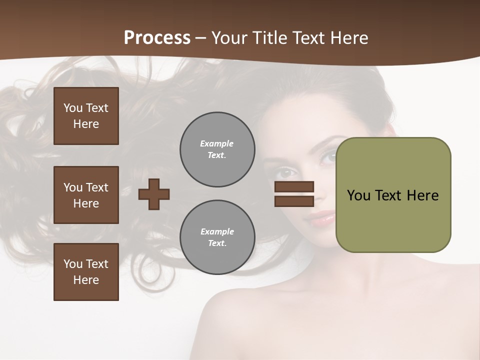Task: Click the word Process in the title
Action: tap(157, 37)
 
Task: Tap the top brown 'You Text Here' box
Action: tap(86, 116)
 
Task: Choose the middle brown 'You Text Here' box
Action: tap(86, 195)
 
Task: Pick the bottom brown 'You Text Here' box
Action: tap(86, 272)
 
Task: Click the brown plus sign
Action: tap(154, 194)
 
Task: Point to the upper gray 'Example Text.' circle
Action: tap(217, 149)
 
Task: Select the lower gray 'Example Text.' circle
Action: tap(217, 237)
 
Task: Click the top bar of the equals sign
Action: tap(294, 186)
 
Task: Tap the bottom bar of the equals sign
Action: tap(294, 201)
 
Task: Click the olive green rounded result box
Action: tap(393, 195)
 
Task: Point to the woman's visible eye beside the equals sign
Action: tap(286, 173)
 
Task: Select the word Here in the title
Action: tap(348, 37)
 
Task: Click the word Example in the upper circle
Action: tap(217, 143)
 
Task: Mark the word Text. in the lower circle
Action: tap(217, 243)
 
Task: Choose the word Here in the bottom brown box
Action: tap(86, 280)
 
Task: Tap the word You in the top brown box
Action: tap(72, 108)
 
